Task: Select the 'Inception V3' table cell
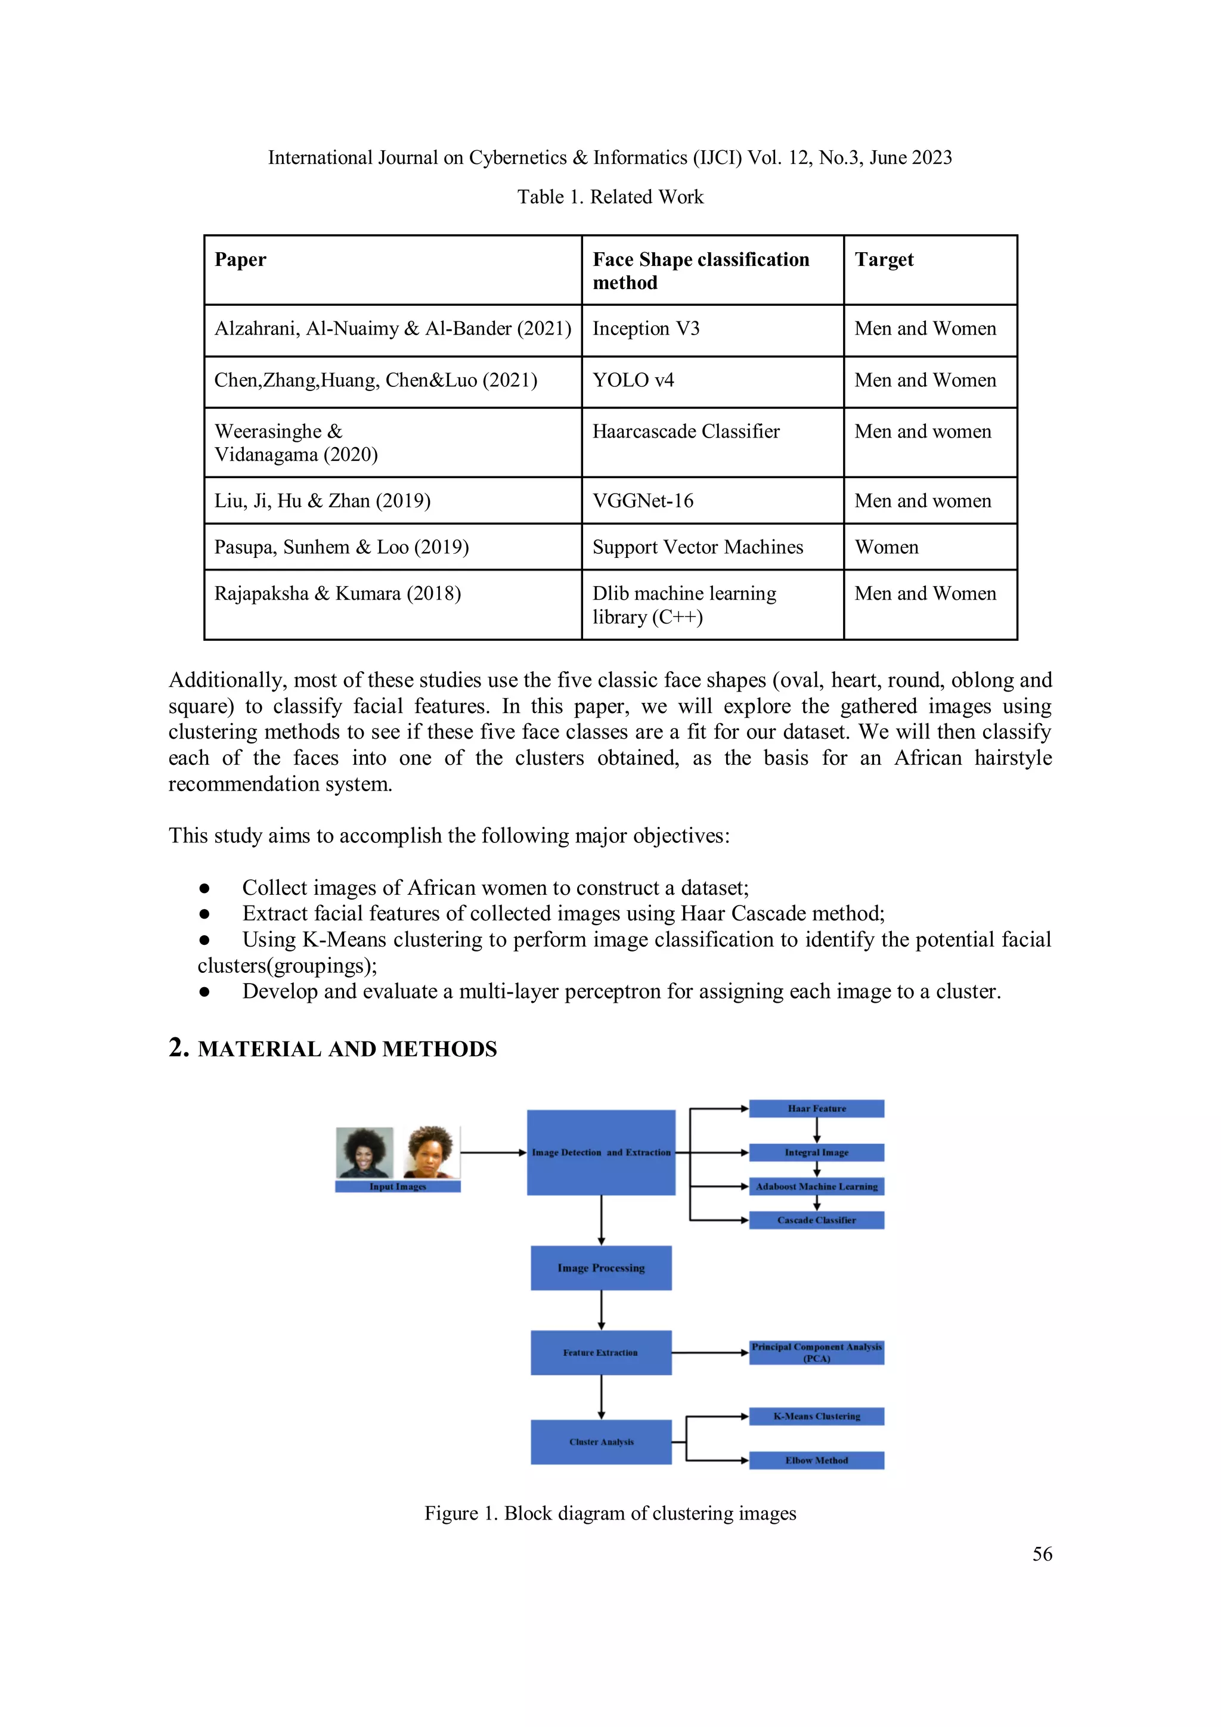646,328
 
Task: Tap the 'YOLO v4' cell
633,380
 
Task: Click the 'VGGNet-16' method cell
643,501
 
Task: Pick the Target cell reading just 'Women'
886,548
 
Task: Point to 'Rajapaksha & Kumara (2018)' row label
337,594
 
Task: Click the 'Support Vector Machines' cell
698,548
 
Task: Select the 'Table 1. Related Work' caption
610,197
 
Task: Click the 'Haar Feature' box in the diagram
816,1109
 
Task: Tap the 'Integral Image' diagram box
816,1152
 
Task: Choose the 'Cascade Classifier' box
816,1220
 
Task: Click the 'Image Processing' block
600,1268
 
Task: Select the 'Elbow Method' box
816,1461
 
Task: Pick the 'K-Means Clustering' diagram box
816,1416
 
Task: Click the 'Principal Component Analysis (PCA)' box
816,1353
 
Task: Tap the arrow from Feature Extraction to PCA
709,1353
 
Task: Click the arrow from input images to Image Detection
493,1152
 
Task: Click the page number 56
1042,1554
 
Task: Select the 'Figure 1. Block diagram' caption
610,1514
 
